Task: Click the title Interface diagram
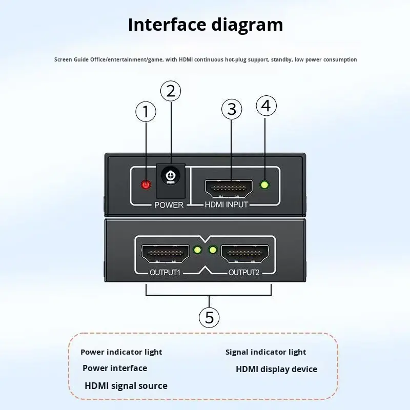(205, 25)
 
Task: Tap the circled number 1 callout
(146, 112)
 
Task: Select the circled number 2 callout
(171, 91)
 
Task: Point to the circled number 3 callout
(232, 109)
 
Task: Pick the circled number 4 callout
(265, 106)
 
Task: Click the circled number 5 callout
(209, 317)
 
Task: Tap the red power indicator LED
(147, 185)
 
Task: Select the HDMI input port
(229, 189)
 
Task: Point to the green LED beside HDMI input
(265, 185)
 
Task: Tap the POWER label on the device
(169, 205)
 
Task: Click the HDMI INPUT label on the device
(226, 205)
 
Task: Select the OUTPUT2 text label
(244, 272)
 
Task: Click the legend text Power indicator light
(121, 352)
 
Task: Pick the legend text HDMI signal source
(126, 386)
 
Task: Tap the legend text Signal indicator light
(265, 352)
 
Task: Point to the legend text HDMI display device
(276, 369)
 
